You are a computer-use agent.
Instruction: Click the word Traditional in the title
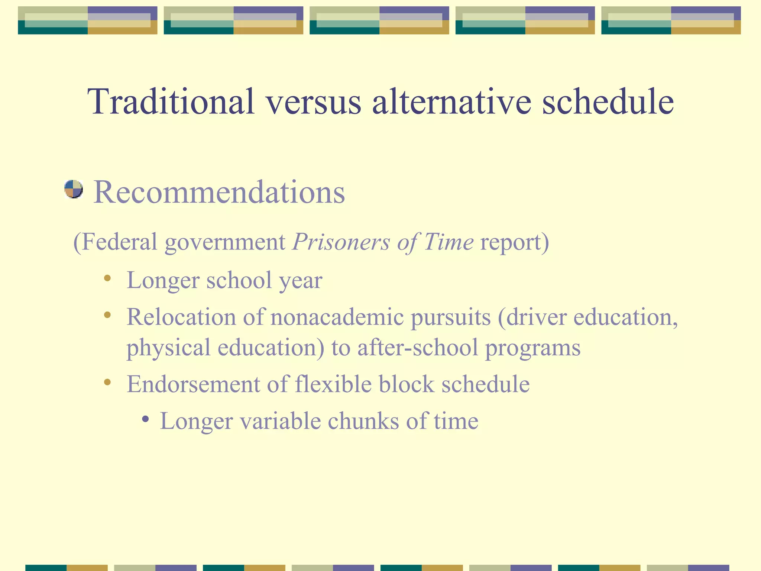pos(171,101)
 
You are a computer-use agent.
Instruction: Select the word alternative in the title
pos(451,101)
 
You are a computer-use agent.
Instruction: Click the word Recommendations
pos(219,192)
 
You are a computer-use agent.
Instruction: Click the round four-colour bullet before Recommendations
pos(73,189)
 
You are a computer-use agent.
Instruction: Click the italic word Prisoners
pos(340,242)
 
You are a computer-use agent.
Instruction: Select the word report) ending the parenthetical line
pos(515,242)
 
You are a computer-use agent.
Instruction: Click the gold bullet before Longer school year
pos(107,278)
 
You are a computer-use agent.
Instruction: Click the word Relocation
pos(181,317)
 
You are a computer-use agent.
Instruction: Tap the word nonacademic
pos(337,317)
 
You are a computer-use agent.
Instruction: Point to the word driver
pos(535,317)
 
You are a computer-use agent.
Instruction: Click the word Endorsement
pos(193,384)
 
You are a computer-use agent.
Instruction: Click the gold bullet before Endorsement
pos(107,382)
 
